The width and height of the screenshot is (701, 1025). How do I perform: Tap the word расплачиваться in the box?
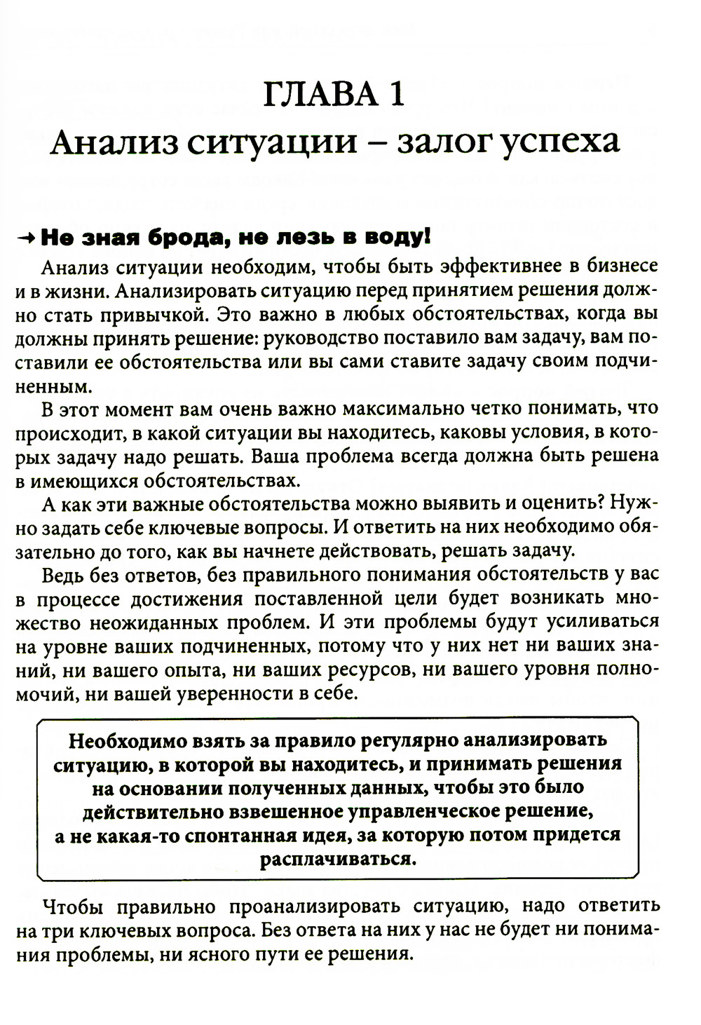[336, 860]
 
